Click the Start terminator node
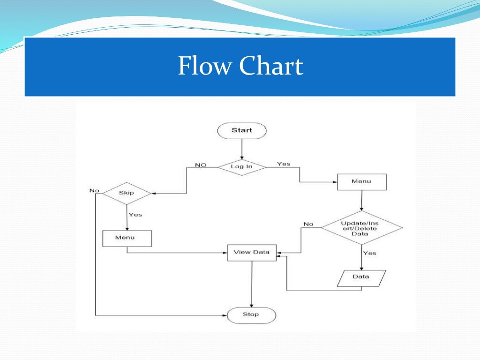coord(242,131)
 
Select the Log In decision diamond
coord(242,166)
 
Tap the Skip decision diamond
coord(127,193)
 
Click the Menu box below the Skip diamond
coord(127,238)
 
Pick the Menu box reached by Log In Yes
coord(362,181)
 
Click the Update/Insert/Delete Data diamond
coord(361,227)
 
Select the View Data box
coord(252,252)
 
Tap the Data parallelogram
coord(361,277)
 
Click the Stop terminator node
coord(251,315)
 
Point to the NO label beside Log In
coord(201,165)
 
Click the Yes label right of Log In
coord(284,164)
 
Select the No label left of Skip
coord(95,190)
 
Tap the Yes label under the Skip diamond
coord(135,215)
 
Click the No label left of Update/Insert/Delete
coord(308,224)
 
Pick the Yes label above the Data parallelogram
coord(370,253)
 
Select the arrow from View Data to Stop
coord(252,284)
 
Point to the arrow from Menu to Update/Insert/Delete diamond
coord(361,200)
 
